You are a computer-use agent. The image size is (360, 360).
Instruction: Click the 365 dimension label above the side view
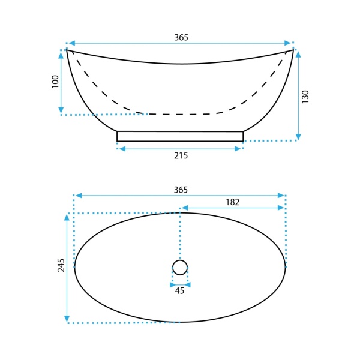[181, 37]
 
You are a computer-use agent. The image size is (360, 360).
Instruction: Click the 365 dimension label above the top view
[181, 190]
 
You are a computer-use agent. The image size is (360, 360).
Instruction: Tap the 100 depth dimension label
[55, 82]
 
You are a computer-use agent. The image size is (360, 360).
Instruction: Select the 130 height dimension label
[305, 97]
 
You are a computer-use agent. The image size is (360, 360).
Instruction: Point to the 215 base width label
[181, 155]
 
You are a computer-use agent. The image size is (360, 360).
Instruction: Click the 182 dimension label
[233, 202]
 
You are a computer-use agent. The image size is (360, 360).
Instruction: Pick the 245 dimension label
[61, 265]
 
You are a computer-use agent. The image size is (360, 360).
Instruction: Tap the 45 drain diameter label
[179, 290]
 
